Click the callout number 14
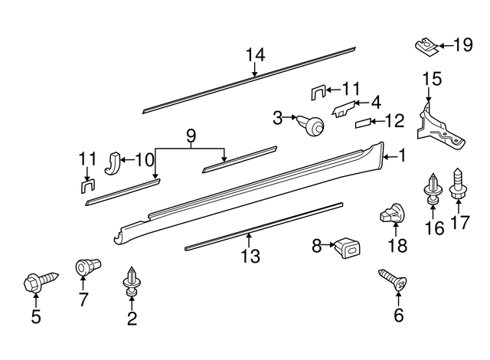click(255, 54)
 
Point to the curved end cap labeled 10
click(111, 162)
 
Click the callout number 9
click(191, 136)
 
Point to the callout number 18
click(397, 246)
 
